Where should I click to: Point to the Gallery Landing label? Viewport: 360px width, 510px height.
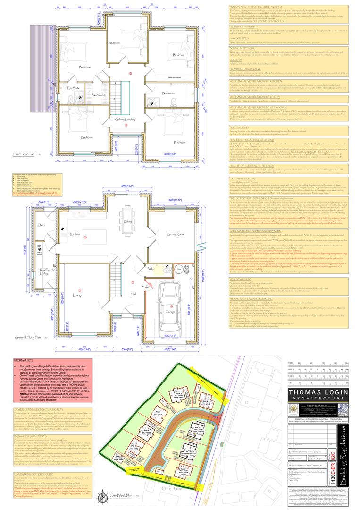(x=126, y=120)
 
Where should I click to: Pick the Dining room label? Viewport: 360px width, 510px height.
(x=127, y=221)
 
